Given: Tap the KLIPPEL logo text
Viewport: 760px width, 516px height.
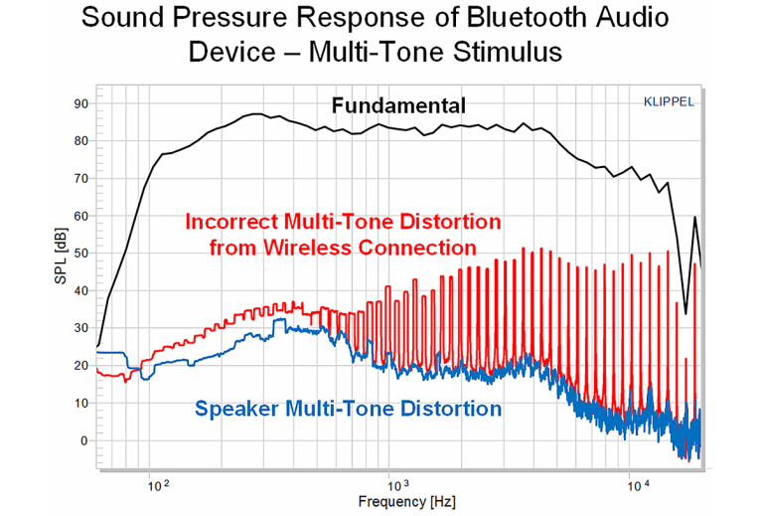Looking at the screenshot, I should tap(668, 101).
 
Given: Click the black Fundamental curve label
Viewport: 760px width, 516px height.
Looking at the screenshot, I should tap(399, 105).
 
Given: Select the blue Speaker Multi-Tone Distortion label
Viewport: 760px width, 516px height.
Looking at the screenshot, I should tap(348, 408).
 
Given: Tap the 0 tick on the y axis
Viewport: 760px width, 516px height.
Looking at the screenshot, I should tap(84, 440).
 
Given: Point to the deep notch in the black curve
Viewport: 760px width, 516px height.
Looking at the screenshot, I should tap(685, 311).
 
